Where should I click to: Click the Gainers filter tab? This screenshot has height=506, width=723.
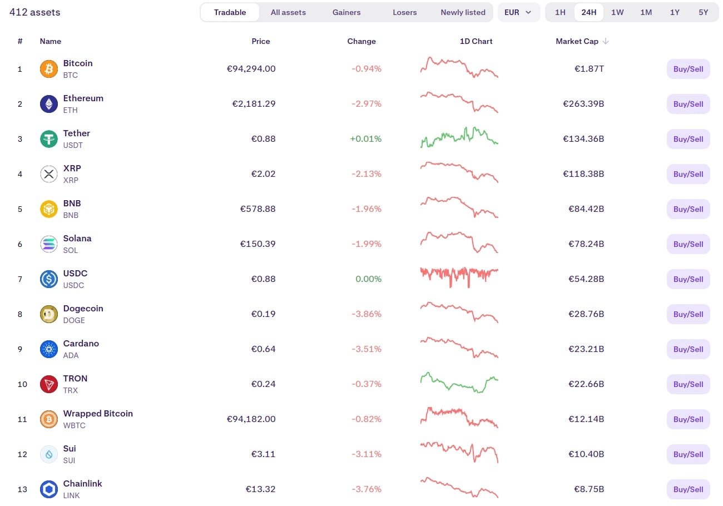point(346,12)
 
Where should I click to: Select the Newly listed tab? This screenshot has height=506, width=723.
point(463,12)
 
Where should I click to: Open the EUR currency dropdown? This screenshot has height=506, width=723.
point(518,12)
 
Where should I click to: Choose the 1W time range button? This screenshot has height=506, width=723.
point(617,12)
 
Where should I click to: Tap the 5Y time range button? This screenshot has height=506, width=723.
point(704,12)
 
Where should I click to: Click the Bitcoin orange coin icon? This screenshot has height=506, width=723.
point(49,69)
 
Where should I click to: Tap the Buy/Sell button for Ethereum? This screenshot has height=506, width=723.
point(688,104)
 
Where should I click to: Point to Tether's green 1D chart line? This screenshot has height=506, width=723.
point(459,137)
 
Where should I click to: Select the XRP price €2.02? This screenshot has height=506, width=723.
point(263,174)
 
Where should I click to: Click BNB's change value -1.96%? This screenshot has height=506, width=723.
point(367,209)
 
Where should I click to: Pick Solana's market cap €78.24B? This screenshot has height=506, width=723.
point(586,244)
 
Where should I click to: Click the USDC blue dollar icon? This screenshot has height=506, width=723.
point(49,279)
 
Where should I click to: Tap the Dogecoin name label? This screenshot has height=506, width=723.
point(83,309)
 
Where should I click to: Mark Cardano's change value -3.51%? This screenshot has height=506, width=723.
point(367,349)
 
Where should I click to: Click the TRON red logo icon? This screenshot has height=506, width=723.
point(49,384)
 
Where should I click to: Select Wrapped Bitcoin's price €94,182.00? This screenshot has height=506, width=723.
point(251,419)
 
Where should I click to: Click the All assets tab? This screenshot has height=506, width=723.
point(288,12)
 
